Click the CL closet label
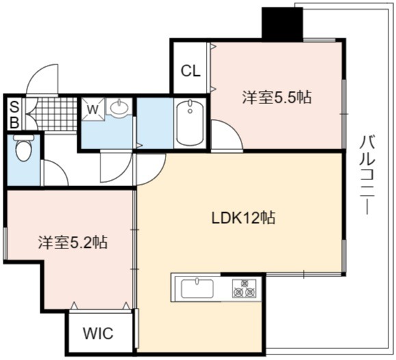click(x=191, y=71)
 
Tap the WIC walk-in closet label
click(x=98, y=333)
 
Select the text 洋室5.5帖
click(x=277, y=97)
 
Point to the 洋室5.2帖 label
click(x=73, y=242)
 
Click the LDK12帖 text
click(x=243, y=218)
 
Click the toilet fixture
click(x=24, y=148)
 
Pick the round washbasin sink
click(x=119, y=107)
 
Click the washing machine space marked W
click(x=93, y=110)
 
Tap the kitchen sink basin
click(x=198, y=288)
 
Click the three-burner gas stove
click(x=244, y=288)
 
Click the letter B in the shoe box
click(x=14, y=123)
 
